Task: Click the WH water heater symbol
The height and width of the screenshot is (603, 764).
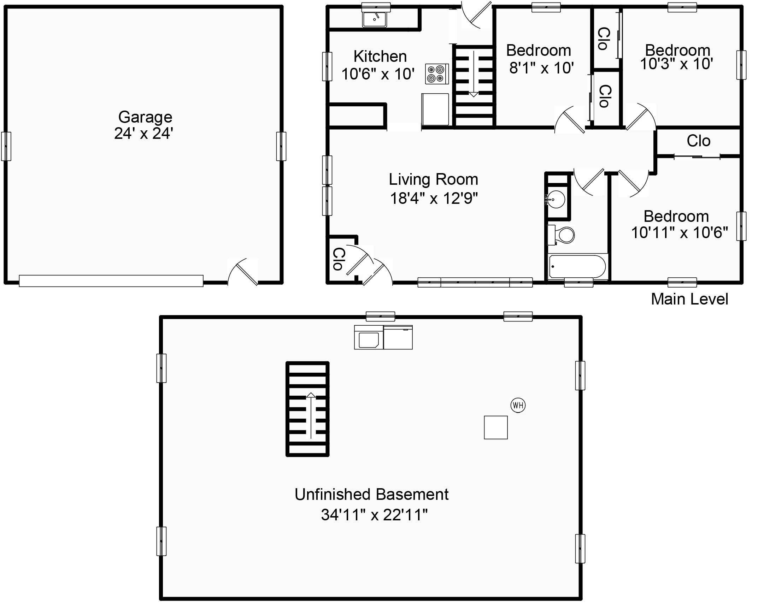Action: click(x=518, y=405)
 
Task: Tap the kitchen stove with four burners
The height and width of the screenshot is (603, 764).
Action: click(x=437, y=74)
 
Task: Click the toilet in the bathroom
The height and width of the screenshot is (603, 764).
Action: click(x=561, y=235)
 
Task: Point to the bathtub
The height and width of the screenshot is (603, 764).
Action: click(x=577, y=267)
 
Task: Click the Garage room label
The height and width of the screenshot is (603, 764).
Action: click(x=145, y=117)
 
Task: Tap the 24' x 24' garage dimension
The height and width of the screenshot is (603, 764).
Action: click(x=143, y=134)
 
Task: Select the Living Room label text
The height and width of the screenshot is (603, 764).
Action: click(x=434, y=179)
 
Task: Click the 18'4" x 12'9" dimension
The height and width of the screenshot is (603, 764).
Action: click(x=434, y=199)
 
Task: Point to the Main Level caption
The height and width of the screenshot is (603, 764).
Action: click(x=689, y=299)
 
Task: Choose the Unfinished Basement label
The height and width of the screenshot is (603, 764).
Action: click(x=371, y=495)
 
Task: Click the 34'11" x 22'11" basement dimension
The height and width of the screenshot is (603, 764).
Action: click(x=374, y=515)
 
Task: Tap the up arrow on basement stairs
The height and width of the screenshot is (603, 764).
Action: click(x=311, y=415)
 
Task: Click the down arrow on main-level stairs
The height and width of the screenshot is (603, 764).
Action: click(x=474, y=74)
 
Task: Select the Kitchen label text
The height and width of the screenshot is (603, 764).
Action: click(x=380, y=57)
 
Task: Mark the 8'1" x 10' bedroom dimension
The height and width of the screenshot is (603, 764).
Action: click(x=541, y=68)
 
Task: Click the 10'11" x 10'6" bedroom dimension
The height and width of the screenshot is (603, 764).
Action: click(x=679, y=233)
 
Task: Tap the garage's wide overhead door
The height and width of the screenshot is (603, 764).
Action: click(x=111, y=281)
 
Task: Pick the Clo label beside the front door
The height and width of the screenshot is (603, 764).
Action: click(x=339, y=259)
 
